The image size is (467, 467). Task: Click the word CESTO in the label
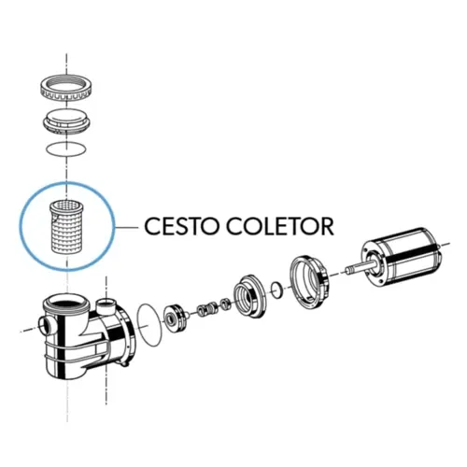pyautogui.click(x=180, y=226)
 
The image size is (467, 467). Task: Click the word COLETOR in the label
pyautogui.click(x=280, y=226)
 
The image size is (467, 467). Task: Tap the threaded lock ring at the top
pyautogui.click(x=66, y=87)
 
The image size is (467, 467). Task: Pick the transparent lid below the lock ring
pyautogui.click(x=66, y=121)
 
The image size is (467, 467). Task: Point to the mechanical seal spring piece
pyautogui.click(x=205, y=309)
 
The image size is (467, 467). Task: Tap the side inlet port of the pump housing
pyautogui.click(x=47, y=325)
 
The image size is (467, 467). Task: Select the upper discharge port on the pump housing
pyautogui.click(x=106, y=304)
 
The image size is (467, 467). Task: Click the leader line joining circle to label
pyautogui.click(x=126, y=227)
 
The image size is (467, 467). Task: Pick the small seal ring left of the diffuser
pyautogui.click(x=225, y=304)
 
